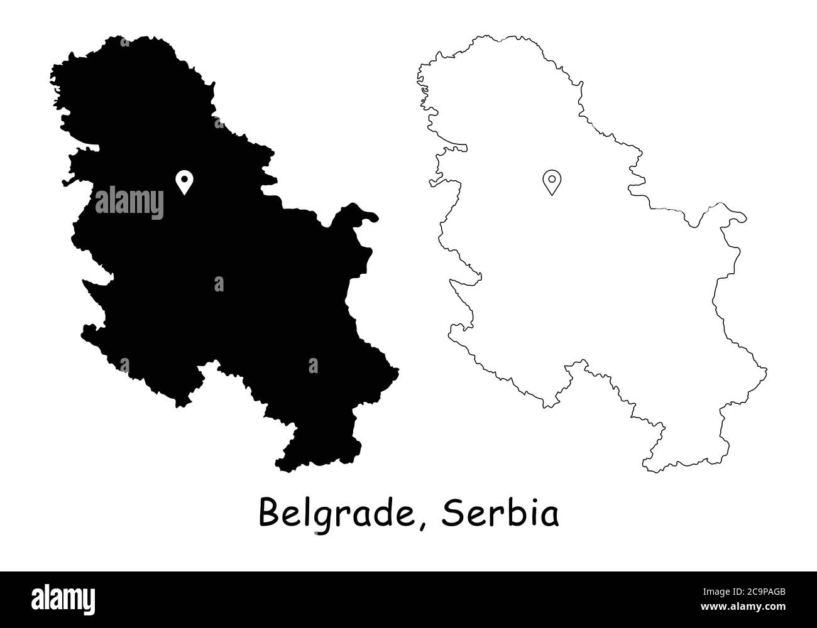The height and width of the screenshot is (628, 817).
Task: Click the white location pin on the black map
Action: coord(184,181)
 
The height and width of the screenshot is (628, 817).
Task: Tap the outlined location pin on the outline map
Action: coord(551,181)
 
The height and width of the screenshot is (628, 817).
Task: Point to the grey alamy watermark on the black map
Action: coord(129,202)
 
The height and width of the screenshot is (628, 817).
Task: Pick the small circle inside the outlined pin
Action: coord(551,178)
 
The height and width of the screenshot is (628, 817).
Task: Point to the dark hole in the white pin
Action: coord(184,178)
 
